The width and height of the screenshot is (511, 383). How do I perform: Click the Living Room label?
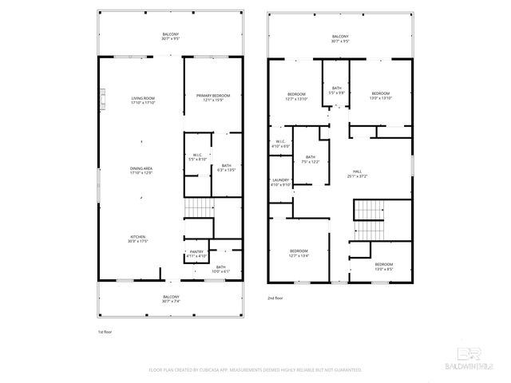(143, 101)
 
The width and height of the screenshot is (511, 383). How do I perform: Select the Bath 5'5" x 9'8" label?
(337, 90)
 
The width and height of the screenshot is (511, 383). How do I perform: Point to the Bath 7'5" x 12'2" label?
(310, 160)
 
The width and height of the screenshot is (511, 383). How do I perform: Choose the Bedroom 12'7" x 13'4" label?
(299, 254)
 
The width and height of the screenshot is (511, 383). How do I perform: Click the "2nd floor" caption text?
(275, 298)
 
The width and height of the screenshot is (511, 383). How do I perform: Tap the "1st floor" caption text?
(105, 330)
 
